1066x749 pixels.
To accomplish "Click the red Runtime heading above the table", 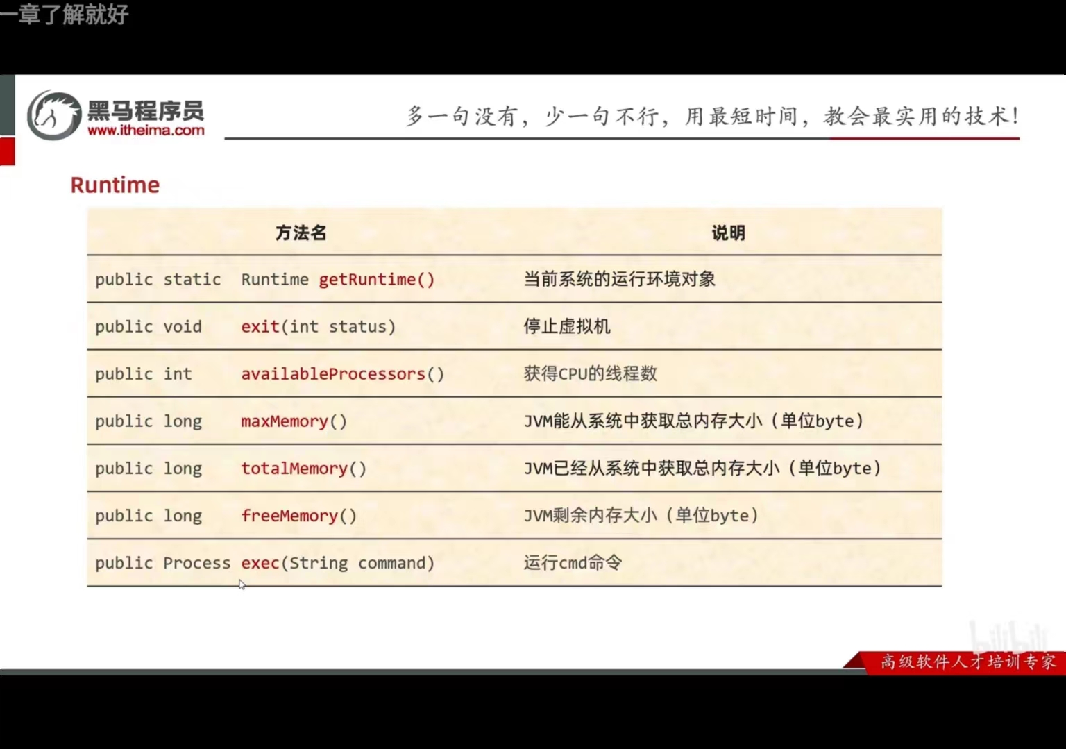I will [115, 185].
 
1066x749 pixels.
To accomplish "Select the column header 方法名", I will [301, 233].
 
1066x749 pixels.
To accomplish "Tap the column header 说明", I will [728, 233].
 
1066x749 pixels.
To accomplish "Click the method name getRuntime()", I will [376, 280].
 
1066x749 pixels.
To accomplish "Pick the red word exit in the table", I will [260, 327].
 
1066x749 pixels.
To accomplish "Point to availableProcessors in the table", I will [333, 374].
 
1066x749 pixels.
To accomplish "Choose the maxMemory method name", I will [285, 421].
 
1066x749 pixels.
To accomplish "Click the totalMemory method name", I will [294, 469].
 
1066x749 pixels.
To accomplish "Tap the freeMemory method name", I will [289, 516].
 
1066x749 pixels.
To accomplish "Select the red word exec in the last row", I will [260, 563].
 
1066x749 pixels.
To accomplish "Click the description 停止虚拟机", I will [567, 326].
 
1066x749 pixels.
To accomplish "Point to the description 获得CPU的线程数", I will [590, 373].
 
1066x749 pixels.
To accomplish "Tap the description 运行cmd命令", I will [573, 562].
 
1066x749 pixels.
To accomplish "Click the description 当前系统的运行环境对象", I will [619, 279].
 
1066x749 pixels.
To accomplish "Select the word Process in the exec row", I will [196, 563].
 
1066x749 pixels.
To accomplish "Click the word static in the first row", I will [192, 280].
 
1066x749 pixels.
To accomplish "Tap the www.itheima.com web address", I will [146, 131].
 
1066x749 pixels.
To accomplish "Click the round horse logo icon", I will [54, 115].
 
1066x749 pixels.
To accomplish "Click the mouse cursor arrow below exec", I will [242, 584].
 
